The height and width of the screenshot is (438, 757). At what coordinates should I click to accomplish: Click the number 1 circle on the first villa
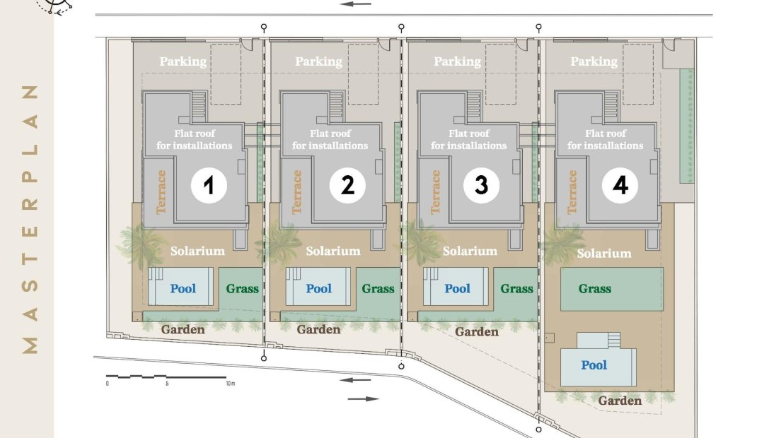209,186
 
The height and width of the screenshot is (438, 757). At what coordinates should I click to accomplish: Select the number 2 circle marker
347,186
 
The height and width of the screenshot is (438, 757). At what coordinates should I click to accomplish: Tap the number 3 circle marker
481,185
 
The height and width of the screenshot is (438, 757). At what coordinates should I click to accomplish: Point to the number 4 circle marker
620,185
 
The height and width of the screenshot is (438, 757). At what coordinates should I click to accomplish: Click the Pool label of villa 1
183,289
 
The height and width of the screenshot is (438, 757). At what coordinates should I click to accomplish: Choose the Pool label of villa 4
594,365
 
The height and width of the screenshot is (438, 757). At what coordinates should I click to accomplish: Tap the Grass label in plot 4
595,289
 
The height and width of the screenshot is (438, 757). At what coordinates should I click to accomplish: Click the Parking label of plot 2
318,61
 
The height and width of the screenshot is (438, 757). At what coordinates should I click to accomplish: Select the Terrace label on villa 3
436,191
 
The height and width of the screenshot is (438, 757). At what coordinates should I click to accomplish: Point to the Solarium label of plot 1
197,251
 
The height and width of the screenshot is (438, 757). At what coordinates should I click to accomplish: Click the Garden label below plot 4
620,401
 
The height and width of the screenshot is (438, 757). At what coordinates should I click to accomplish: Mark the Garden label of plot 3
477,331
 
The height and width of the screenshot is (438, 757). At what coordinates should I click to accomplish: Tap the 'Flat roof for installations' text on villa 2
330,139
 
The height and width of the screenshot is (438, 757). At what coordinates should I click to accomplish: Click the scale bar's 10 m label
231,384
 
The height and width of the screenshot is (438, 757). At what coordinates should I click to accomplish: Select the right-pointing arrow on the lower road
363,399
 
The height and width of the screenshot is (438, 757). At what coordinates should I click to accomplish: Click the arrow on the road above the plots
356,4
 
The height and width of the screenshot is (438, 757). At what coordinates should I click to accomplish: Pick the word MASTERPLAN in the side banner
30,219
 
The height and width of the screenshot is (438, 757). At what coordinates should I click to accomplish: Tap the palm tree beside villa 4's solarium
563,242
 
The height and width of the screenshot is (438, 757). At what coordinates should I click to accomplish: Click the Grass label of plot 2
378,289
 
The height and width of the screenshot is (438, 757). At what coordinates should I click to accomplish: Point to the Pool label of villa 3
457,289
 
